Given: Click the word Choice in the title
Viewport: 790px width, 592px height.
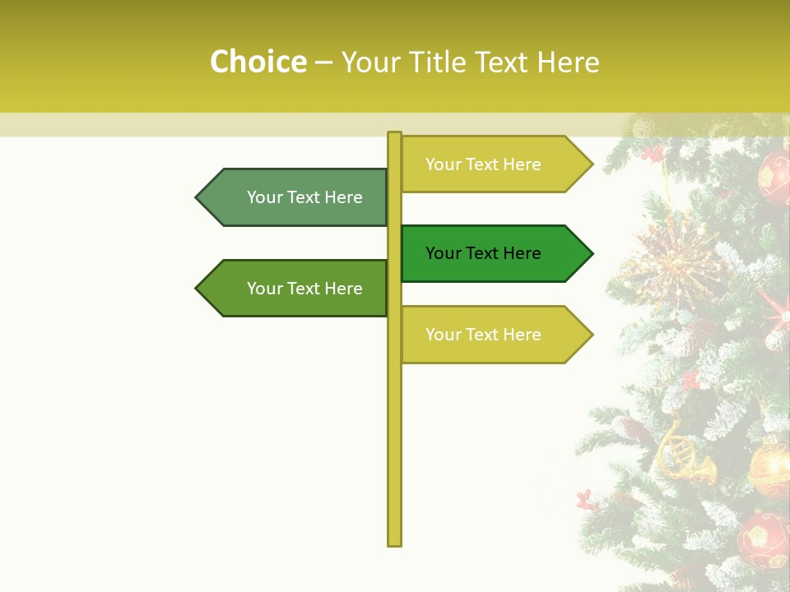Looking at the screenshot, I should [x=258, y=62].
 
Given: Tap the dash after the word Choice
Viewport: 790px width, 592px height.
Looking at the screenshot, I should [x=323, y=63].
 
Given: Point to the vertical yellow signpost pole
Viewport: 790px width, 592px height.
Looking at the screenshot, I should [x=394, y=428].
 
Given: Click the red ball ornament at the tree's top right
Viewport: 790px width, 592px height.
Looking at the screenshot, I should [x=774, y=177].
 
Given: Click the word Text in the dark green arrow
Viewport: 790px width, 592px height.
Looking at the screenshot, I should [x=482, y=253].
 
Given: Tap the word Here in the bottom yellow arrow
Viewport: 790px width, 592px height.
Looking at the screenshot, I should [x=522, y=335].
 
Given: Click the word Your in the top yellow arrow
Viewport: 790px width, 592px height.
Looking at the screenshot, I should [x=442, y=164].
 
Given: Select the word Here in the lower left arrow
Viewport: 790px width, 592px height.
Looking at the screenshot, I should [x=343, y=289].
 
